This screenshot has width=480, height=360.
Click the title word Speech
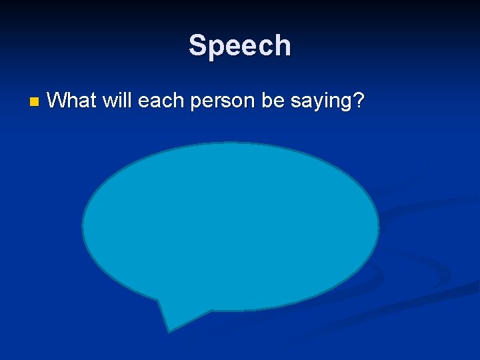[239, 46]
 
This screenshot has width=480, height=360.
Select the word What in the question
[71, 101]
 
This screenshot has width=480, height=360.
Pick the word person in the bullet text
[217, 102]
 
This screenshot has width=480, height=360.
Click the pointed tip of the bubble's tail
[169, 331]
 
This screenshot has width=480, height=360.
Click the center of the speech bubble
[231, 227]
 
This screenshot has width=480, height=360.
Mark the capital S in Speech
[198, 46]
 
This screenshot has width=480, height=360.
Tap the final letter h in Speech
[283, 46]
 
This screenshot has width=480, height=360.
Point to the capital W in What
[58, 101]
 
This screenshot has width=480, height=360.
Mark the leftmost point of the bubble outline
[82, 227]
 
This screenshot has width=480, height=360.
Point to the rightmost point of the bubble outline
[379, 227]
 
